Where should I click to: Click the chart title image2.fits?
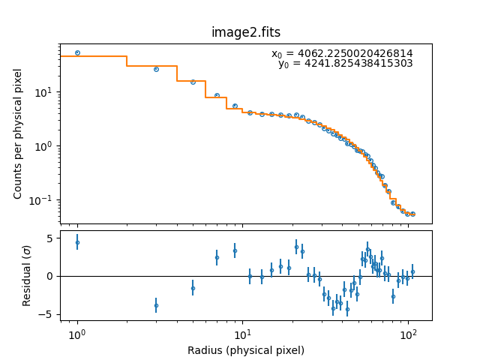(x=245, y=32)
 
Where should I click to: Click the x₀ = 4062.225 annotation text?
(x=342, y=54)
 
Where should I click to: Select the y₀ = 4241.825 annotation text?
(x=346, y=64)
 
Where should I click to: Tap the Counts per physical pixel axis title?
(x=18, y=133)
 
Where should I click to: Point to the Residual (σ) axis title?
(x=27, y=276)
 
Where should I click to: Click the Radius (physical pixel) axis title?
(x=245, y=350)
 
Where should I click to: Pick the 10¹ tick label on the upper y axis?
(x=44, y=92)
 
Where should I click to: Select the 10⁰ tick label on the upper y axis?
(x=44, y=146)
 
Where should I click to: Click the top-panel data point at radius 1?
(x=77, y=52)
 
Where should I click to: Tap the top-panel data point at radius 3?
(x=156, y=69)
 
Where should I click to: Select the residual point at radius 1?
(x=77, y=242)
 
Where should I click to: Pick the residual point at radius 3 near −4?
(x=156, y=305)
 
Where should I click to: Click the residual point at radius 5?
(x=193, y=288)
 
